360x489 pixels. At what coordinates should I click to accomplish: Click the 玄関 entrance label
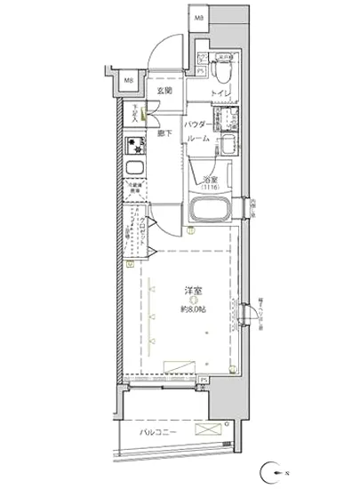pyautogui.click(x=165, y=91)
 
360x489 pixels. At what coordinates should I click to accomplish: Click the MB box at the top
pyautogui.click(x=200, y=18)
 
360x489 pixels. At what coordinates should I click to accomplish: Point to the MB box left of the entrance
pyautogui.click(x=129, y=83)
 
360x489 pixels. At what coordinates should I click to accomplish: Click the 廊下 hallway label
pyautogui.click(x=165, y=133)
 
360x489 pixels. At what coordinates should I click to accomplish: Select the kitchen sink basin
pyautogui.click(x=137, y=171)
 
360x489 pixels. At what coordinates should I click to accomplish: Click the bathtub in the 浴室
pyautogui.click(x=212, y=211)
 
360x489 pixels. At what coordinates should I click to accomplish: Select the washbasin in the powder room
pyautogui.click(x=228, y=147)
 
